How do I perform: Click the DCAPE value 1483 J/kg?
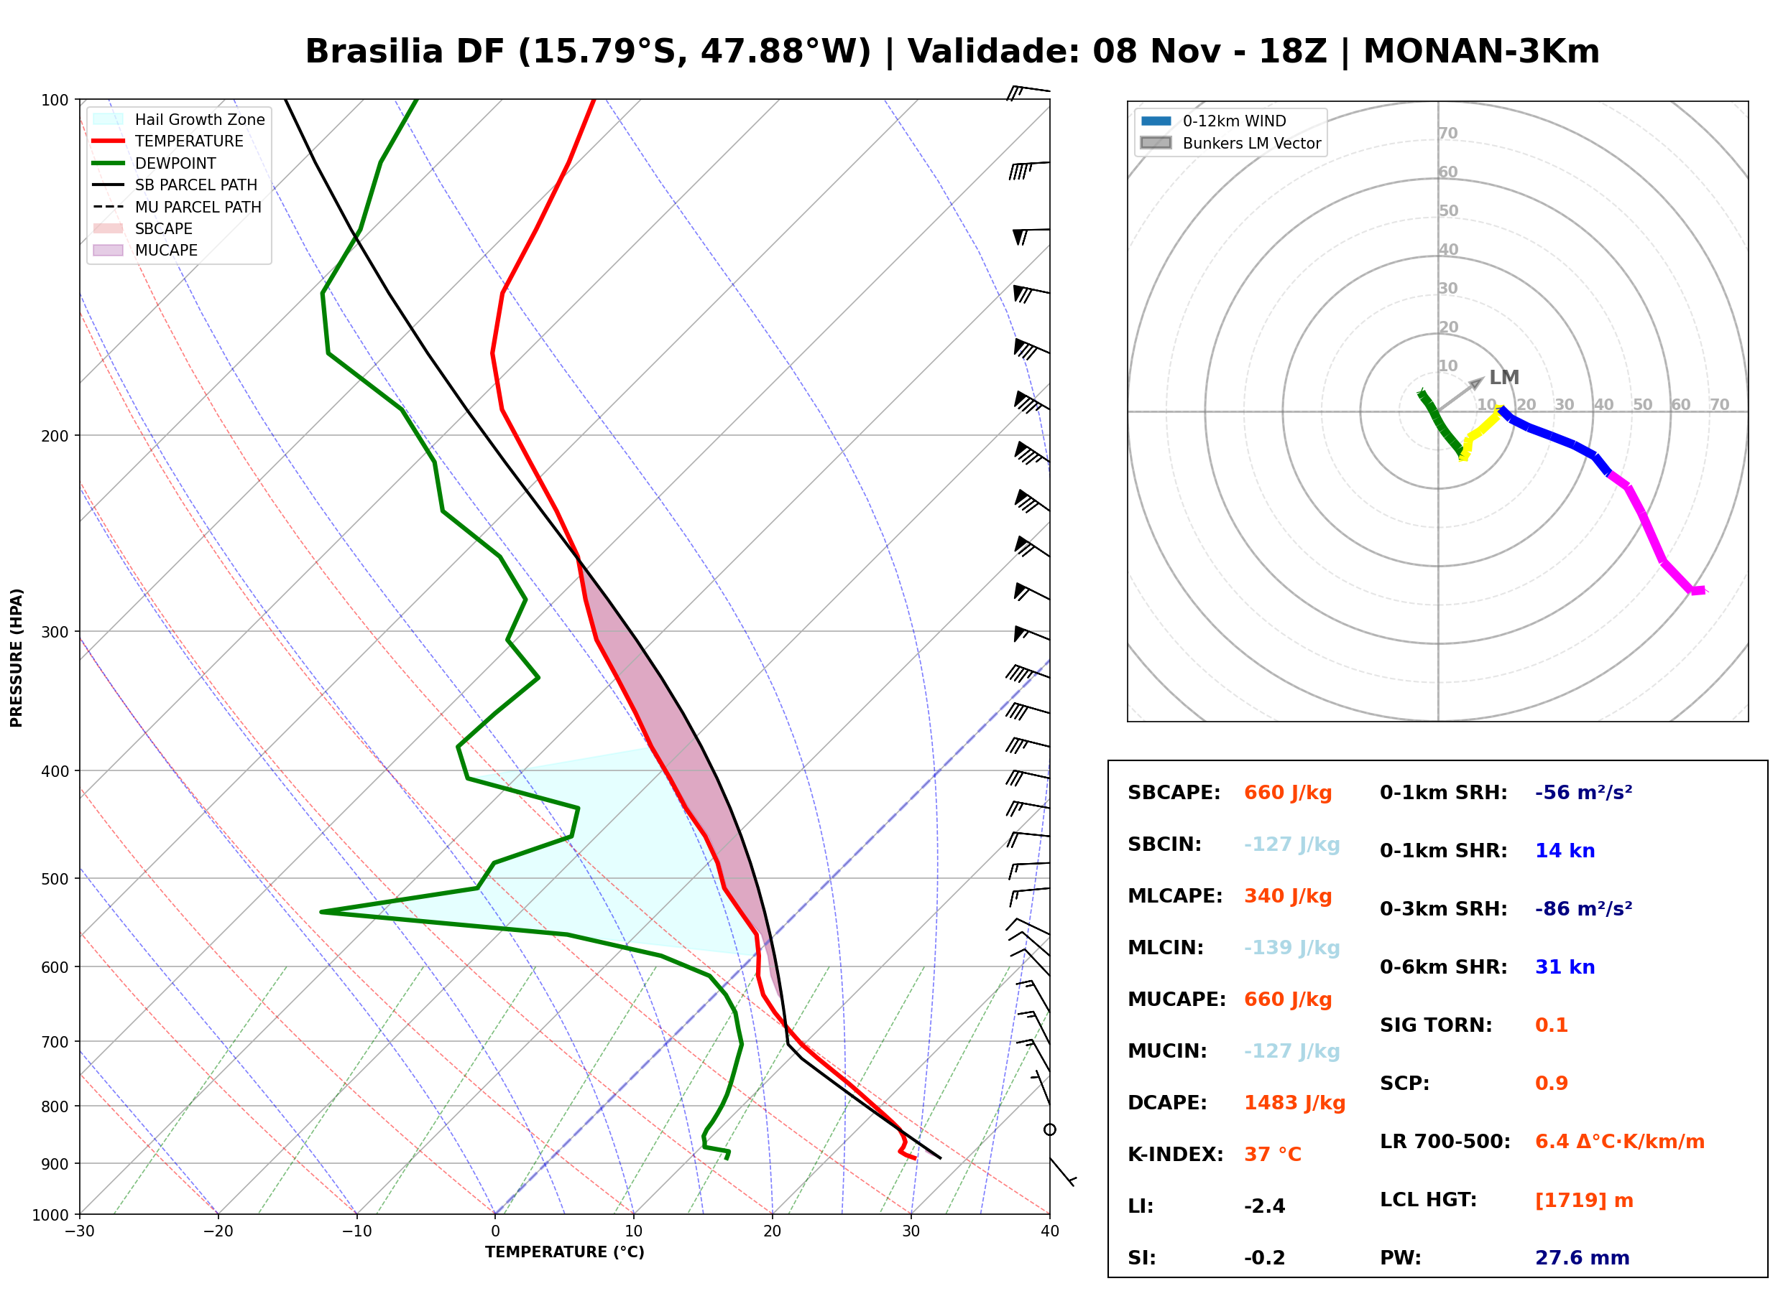pyautogui.click(x=1294, y=1102)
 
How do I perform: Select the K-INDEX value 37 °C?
pyautogui.click(x=1273, y=1154)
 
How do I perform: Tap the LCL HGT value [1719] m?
pyautogui.click(x=1584, y=1201)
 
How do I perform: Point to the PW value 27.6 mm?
pyautogui.click(x=1583, y=1257)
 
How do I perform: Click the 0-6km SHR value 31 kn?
pyautogui.click(x=1565, y=967)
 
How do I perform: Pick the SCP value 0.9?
pyautogui.click(x=1551, y=1084)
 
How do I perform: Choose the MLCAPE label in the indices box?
pyautogui.click(x=1175, y=895)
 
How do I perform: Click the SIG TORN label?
pyautogui.click(x=1436, y=1025)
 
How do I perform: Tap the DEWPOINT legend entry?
pyautogui.click(x=155, y=163)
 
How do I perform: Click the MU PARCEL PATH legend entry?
pyautogui.click(x=178, y=207)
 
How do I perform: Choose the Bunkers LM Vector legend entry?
pyautogui.click(x=1230, y=143)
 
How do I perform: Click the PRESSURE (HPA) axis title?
pyautogui.click(x=17, y=658)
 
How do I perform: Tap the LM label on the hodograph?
pyautogui.click(x=1503, y=378)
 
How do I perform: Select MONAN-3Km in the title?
pyautogui.click(x=1481, y=52)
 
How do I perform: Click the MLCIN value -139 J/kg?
pyautogui.click(x=1291, y=947)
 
